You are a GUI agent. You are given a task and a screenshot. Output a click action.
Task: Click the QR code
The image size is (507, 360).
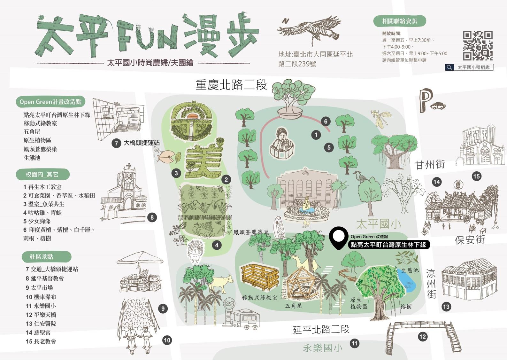(x=478, y=46)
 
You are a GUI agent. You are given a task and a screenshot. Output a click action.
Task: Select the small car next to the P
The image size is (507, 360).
(x=438, y=106)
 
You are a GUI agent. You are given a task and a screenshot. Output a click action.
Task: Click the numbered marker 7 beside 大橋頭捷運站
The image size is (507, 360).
(x=116, y=143)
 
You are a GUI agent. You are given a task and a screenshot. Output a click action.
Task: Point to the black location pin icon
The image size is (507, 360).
(x=339, y=238)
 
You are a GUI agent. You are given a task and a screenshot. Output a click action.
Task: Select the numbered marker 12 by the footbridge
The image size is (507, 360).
(x=422, y=336)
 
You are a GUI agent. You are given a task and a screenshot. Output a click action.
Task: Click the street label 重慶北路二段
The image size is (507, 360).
(x=231, y=85)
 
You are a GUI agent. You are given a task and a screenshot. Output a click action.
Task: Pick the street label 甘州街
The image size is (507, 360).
(x=430, y=165)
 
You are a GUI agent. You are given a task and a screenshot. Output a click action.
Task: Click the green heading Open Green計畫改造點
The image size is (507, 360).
(x=50, y=102)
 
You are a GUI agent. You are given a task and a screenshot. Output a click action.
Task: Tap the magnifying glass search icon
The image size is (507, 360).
(x=449, y=67)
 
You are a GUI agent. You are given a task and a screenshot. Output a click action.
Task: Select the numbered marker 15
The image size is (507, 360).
(x=476, y=176)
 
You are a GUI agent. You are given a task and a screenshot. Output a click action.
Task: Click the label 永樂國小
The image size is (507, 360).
(x=322, y=348)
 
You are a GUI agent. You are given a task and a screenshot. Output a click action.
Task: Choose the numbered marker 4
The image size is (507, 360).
(x=217, y=245)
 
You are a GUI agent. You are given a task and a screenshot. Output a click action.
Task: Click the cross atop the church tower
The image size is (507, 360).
(x=128, y=167)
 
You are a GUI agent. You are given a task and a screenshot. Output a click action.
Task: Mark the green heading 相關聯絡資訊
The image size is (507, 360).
(x=399, y=21)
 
